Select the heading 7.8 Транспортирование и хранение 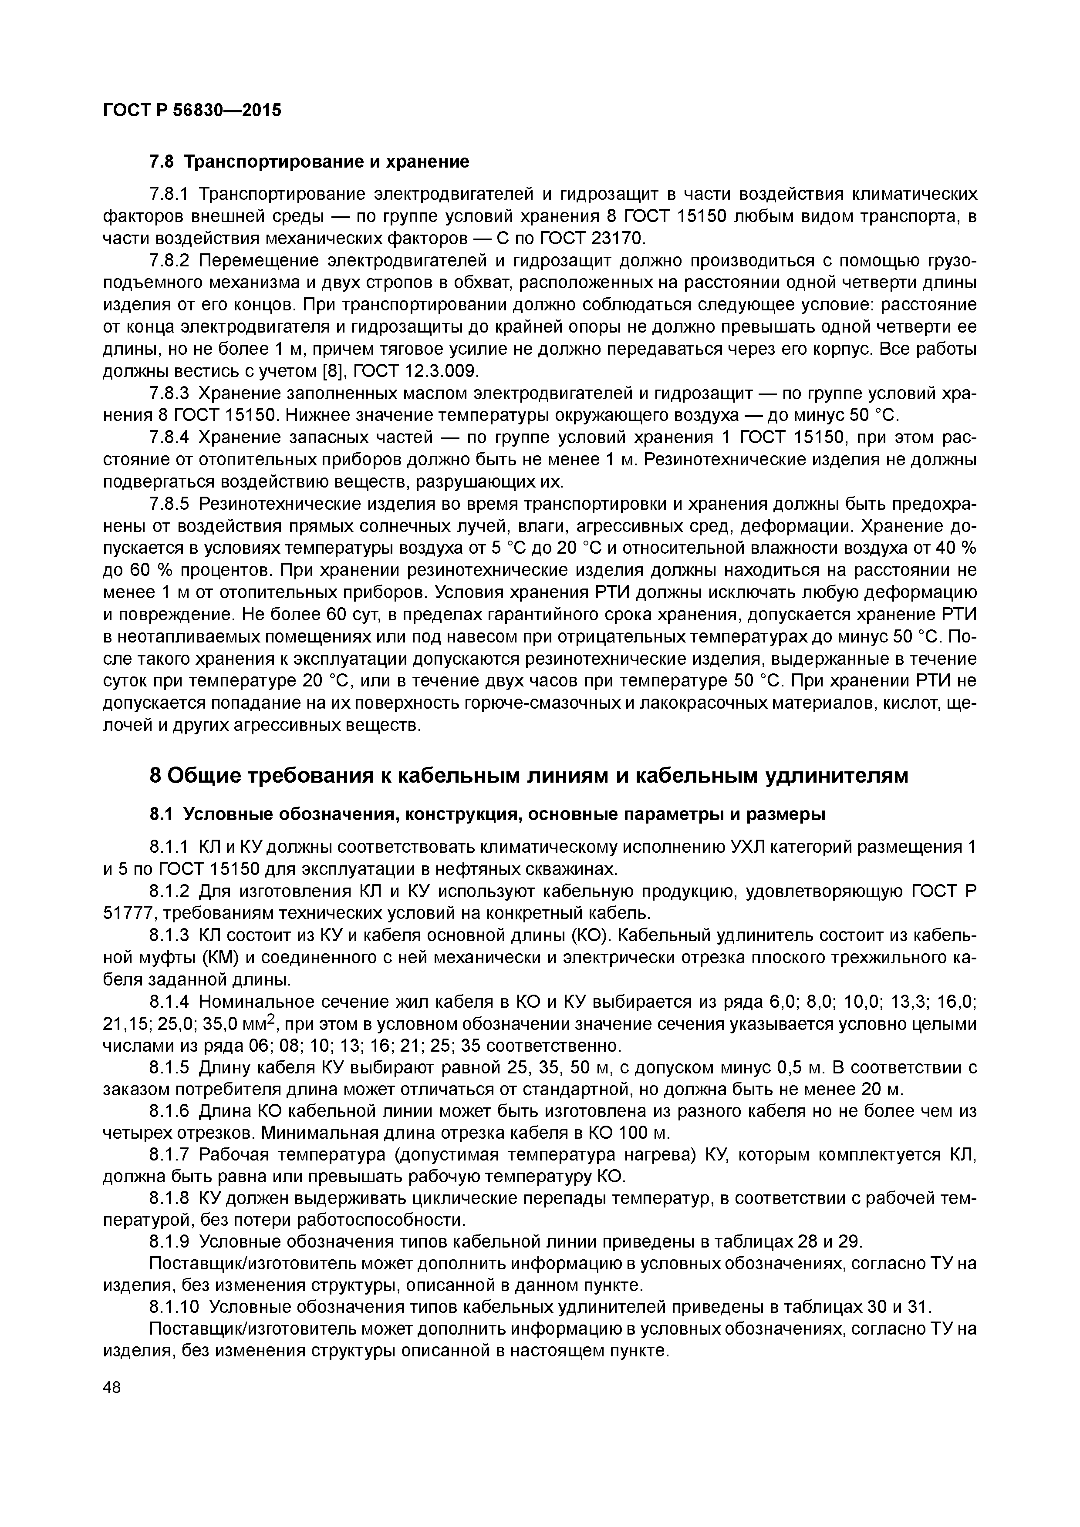click(x=309, y=161)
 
